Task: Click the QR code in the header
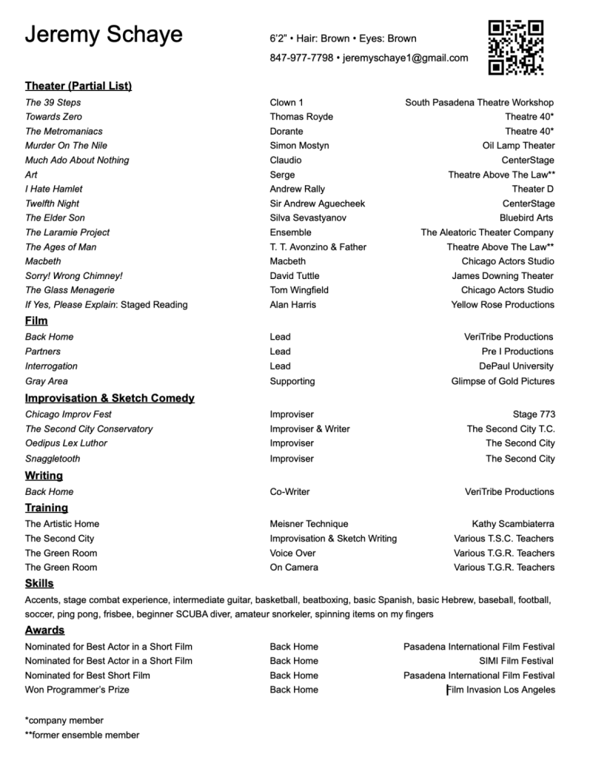pos(515,47)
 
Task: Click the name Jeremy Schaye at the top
pos(104,35)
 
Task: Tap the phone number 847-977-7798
pos(301,58)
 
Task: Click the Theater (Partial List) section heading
pos(78,86)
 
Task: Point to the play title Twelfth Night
pos(52,203)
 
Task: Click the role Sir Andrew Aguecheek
pos(317,203)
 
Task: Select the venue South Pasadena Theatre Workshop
pos(479,102)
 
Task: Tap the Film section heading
pos(36,320)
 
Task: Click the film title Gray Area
pos(46,381)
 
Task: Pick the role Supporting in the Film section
pos(292,381)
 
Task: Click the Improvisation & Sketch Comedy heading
pos(110,398)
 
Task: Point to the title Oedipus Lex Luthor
pos(66,443)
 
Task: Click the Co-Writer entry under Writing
pos(289,491)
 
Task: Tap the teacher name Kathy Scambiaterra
pos(513,524)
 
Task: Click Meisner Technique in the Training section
pos(309,524)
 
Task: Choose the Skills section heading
pos(39,583)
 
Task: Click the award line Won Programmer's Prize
pos(77,690)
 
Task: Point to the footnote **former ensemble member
pos(82,735)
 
